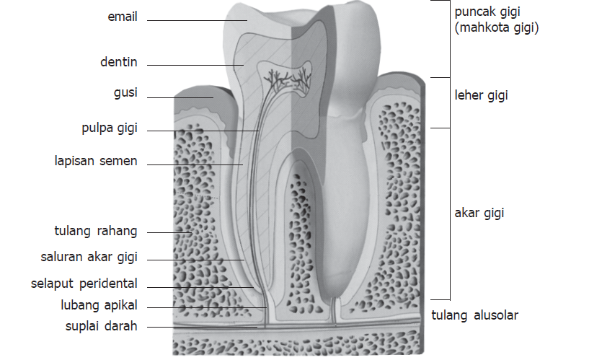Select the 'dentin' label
pos(119,63)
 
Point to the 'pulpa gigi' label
pos(109,129)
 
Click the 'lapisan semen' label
pos(96,160)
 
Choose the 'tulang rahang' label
pos(96,231)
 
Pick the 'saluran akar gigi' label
pos(89,257)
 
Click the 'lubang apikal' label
pos(99,304)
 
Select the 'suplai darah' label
pos(100,326)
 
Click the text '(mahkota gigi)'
pos(497,28)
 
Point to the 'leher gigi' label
pos(481,95)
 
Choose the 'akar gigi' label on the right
pos(479,214)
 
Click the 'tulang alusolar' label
pos(474,315)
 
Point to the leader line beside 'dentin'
pos(195,65)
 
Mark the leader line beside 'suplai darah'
pos(202,328)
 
